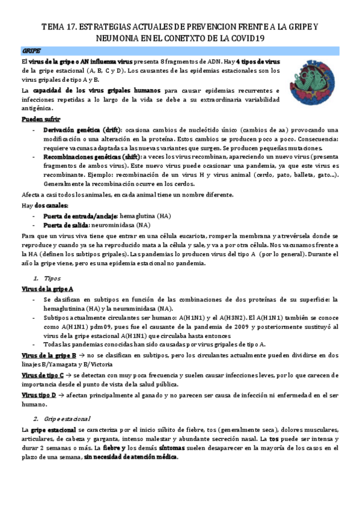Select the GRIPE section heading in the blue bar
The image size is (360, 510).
pos(31,52)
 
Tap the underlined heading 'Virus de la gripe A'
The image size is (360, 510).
pos(47,289)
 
